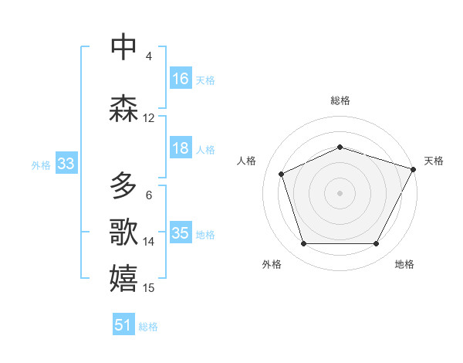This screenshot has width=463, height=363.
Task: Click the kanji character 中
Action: (x=124, y=47)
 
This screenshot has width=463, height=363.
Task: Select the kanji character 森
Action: (x=124, y=108)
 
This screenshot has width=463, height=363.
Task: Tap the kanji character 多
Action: (x=124, y=186)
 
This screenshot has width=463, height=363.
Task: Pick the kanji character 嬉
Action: (x=124, y=279)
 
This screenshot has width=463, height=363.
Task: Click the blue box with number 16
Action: (x=181, y=79)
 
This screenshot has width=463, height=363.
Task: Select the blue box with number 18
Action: (x=181, y=148)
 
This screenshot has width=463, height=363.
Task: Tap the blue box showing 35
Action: (x=181, y=233)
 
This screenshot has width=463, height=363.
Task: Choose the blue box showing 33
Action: (x=66, y=164)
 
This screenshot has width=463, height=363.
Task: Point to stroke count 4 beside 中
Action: (x=149, y=56)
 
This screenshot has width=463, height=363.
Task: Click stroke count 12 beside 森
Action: (x=149, y=118)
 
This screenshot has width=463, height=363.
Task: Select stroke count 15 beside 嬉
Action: (x=149, y=288)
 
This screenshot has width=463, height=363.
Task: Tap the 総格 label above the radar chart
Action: (x=340, y=100)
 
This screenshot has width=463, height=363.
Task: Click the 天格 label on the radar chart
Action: (x=434, y=161)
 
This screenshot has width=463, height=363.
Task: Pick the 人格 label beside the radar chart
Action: (x=247, y=161)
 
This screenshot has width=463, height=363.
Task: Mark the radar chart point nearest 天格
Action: (x=414, y=168)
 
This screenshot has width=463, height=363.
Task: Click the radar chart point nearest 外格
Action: (x=303, y=244)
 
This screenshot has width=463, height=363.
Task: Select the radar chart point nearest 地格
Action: (x=377, y=244)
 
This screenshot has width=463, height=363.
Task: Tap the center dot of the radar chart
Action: (x=340, y=193)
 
